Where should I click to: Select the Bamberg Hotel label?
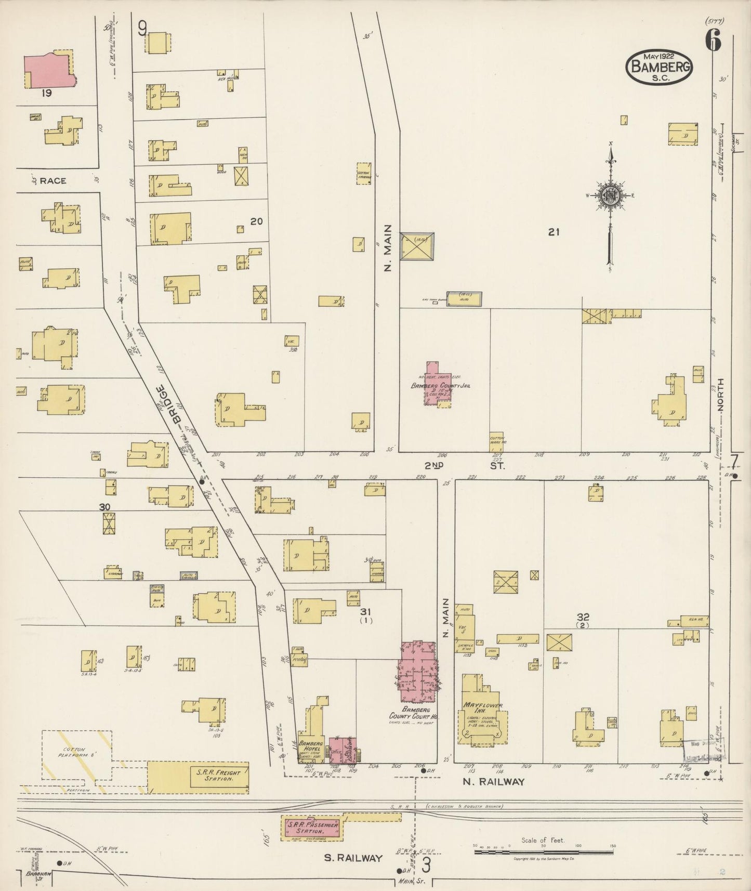(x=311, y=745)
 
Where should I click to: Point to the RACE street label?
(x=53, y=180)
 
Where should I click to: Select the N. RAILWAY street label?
(x=493, y=781)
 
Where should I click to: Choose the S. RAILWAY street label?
(x=353, y=858)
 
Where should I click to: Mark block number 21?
(x=554, y=232)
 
